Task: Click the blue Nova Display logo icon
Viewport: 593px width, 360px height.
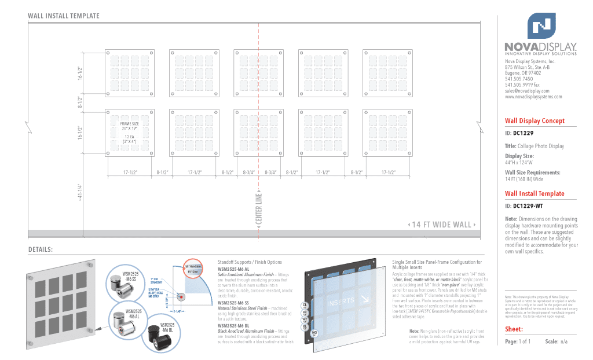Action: point(541,25)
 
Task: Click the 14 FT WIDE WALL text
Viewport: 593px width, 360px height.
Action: point(442,225)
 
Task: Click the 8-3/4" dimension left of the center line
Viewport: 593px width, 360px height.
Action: point(248,172)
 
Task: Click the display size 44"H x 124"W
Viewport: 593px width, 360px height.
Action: point(523,162)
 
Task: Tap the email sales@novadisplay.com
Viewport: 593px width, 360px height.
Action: point(526,91)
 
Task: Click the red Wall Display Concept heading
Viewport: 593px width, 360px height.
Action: point(534,121)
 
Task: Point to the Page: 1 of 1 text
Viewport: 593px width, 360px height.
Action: point(518,341)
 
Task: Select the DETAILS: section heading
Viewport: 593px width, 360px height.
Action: point(41,249)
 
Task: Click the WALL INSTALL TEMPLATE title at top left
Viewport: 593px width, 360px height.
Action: point(64,16)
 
